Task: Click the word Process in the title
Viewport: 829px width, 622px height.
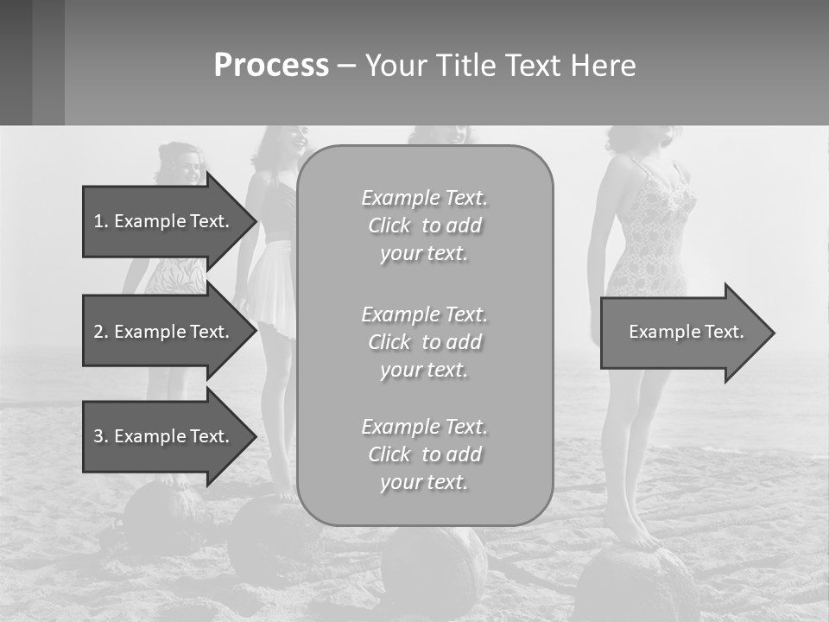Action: point(271,66)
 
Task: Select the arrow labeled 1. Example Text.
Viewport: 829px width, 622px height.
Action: point(164,221)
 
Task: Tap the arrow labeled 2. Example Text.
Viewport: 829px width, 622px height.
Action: point(164,332)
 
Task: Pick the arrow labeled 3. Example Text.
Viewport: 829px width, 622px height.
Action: point(164,436)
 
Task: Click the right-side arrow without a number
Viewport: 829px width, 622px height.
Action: point(687,333)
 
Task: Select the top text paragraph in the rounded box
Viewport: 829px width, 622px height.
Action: point(424,225)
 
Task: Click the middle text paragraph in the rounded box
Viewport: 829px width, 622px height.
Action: point(424,342)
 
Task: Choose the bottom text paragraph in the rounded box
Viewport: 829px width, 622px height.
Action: point(424,454)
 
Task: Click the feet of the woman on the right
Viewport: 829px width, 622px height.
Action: point(635,536)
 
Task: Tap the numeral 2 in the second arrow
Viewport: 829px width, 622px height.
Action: point(98,332)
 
